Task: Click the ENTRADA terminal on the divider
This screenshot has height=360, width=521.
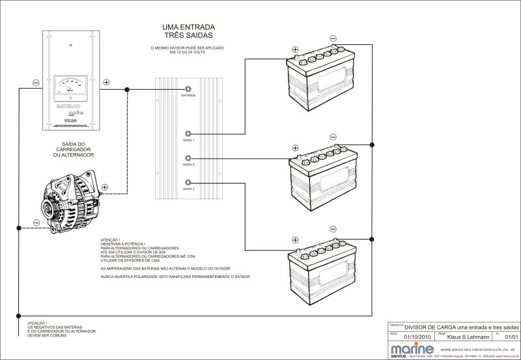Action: (x=189, y=89)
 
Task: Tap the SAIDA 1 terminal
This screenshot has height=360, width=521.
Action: (x=189, y=132)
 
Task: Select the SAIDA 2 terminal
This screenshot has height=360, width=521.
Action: (x=189, y=158)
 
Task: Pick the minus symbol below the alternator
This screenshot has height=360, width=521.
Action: (x=36, y=223)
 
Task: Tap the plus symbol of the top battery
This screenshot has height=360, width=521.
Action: (x=295, y=49)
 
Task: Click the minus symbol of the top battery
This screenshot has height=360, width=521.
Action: (x=333, y=38)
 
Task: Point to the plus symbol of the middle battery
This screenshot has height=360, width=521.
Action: (x=295, y=148)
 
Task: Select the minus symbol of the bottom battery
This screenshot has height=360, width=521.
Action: (x=333, y=228)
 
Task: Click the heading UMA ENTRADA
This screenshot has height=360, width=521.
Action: (x=188, y=27)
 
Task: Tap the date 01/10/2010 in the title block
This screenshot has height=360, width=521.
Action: (x=417, y=337)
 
